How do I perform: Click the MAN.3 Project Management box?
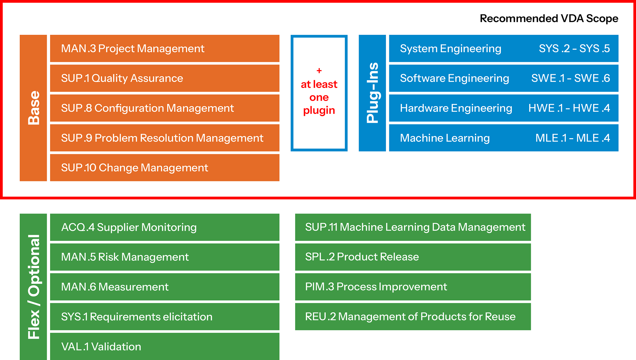click(x=164, y=49)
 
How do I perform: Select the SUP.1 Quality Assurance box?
click(x=164, y=78)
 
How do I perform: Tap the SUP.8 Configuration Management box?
click(x=164, y=108)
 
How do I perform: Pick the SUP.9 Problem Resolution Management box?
click(x=164, y=138)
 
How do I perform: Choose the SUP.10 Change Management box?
click(x=164, y=168)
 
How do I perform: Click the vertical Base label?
click(x=33, y=108)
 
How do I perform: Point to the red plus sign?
click(x=319, y=71)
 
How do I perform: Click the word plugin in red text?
click(x=319, y=110)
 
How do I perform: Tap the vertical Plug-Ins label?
click(x=372, y=93)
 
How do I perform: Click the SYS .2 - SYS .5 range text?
click(x=574, y=49)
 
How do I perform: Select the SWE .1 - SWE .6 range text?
click(x=570, y=78)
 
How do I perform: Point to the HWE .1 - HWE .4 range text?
click(x=569, y=108)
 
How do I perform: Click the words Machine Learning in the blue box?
click(x=445, y=138)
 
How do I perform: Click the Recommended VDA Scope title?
click(x=549, y=19)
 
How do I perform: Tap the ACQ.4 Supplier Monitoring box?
click(x=164, y=227)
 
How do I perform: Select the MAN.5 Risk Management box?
click(x=164, y=257)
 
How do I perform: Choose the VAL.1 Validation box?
click(x=164, y=346)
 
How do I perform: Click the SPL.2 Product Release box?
click(x=413, y=257)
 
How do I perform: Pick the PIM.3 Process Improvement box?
click(x=413, y=287)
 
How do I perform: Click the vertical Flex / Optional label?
click(x=33, y=287)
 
